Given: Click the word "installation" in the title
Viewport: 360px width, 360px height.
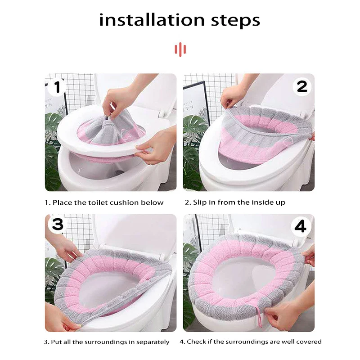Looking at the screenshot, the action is point(152,20).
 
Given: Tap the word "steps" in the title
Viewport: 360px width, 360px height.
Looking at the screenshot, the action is point(235,21).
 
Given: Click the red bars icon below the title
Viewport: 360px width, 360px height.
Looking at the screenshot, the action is point(180,49).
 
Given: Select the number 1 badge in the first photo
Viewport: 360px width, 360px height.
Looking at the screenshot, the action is point(57,87).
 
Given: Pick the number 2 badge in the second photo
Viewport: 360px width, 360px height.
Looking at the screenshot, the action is point(302,87).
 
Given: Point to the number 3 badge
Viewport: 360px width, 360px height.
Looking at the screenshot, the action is point(58,224).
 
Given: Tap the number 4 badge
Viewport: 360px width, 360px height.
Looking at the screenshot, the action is point(300,226).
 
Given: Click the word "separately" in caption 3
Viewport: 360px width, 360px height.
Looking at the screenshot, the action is point(153,342).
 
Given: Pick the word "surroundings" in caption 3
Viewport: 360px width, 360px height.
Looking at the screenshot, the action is point(105,342).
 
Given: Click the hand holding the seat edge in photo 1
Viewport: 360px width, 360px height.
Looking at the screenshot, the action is point(156,147).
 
